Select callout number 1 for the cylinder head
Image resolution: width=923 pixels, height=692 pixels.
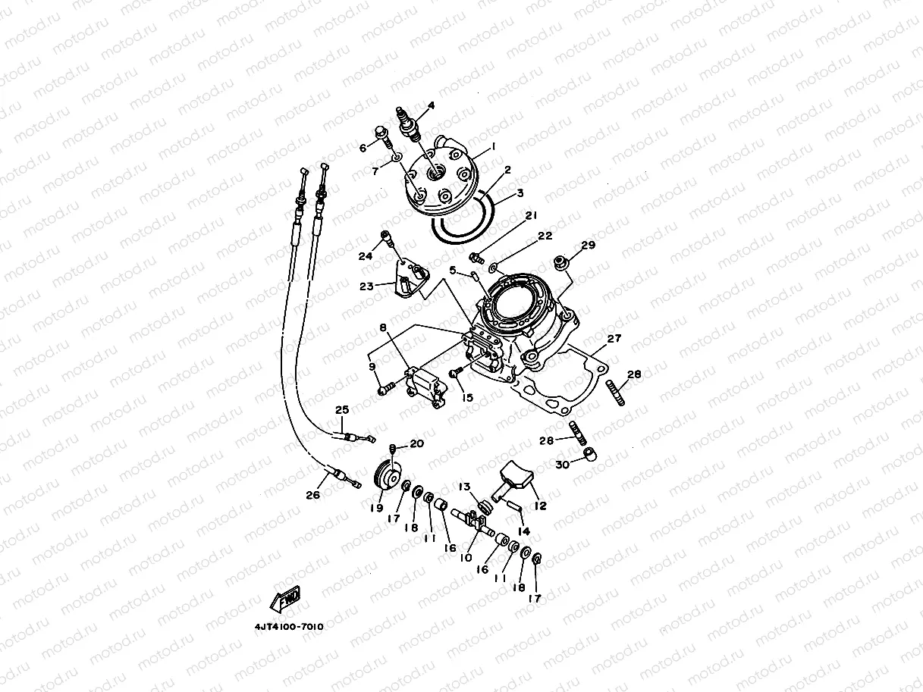tap(493, 146)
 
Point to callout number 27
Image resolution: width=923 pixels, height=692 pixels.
tap(614, 339)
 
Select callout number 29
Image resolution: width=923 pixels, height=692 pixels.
tap(589, 245)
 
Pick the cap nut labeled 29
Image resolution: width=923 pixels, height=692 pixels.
tap(563, 262)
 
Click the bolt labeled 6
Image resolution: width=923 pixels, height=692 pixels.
tap(383, 141)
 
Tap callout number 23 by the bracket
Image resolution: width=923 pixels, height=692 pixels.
tap(366, 287)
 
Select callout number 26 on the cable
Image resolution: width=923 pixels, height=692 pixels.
tap(313, 495)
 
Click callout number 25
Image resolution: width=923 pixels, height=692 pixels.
tap(342, 410)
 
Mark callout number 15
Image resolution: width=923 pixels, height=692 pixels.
tap(466, 397)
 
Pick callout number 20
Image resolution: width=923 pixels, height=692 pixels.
tap(417, 443)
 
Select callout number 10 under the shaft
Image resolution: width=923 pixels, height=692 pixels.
tap(466, 557)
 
